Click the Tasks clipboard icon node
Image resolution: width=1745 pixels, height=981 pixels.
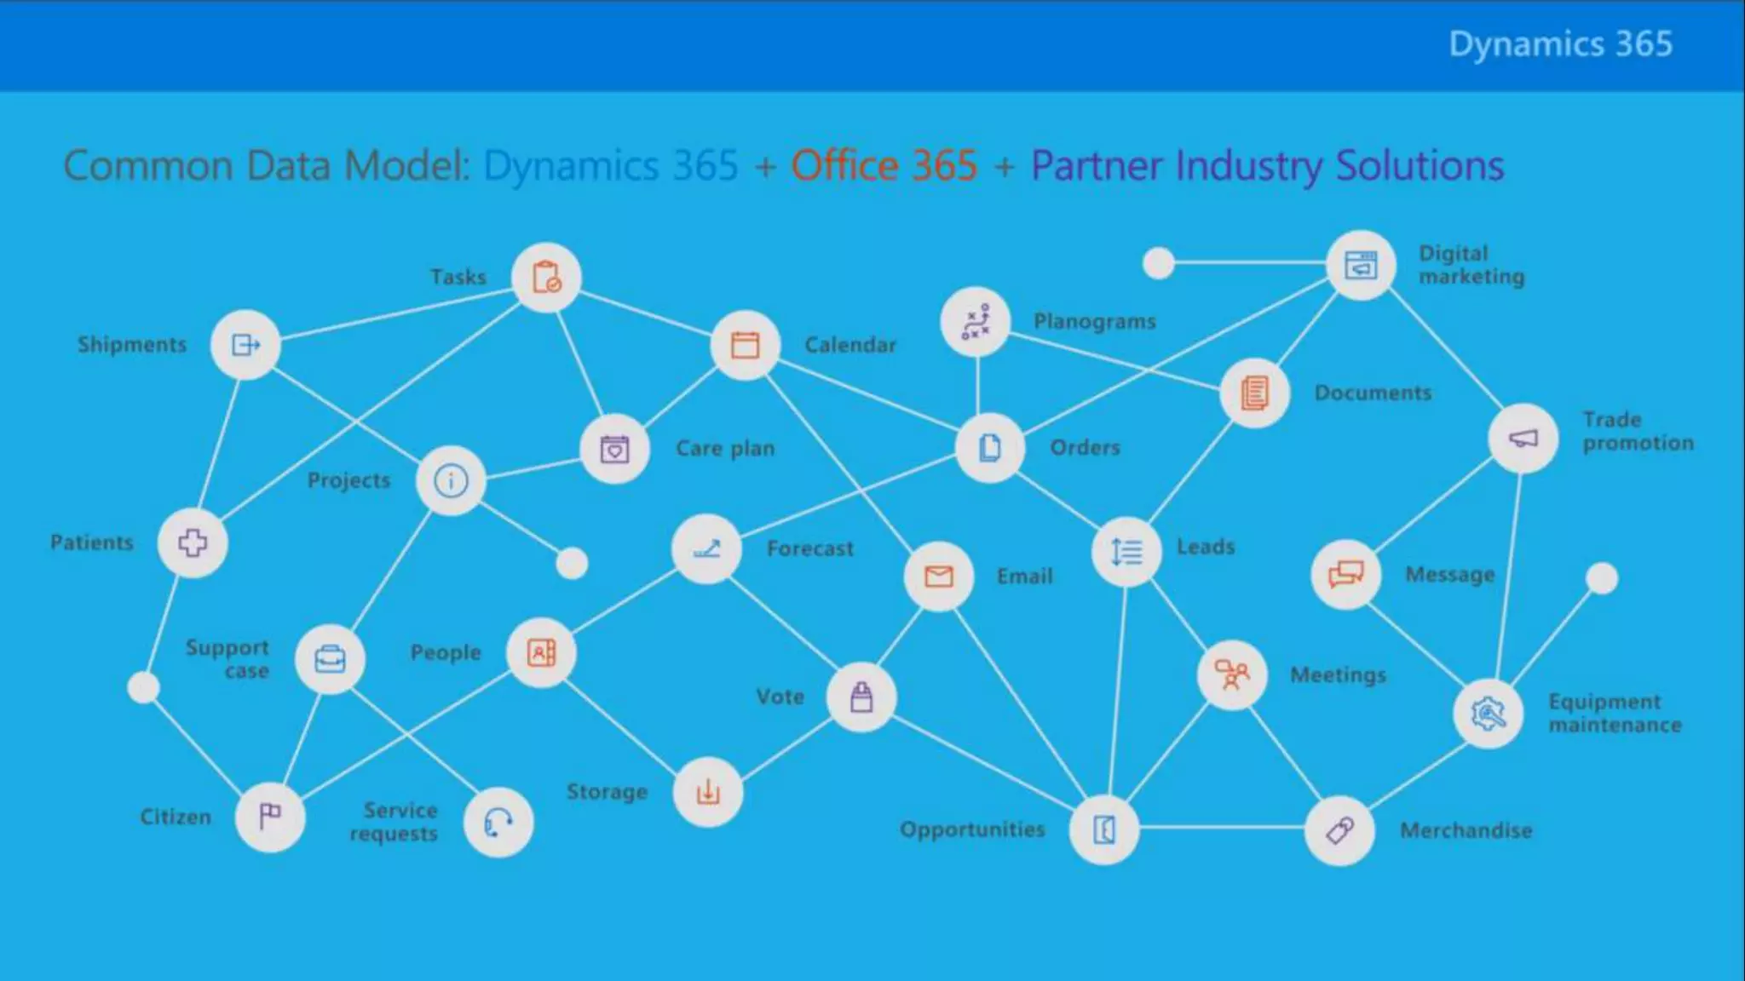coord(546,278)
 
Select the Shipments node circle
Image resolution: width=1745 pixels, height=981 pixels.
coord(245,345)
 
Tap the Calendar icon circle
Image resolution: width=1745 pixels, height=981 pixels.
coord(746,345)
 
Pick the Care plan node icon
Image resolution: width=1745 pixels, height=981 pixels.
coord(614,449)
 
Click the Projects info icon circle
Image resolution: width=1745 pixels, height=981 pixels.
coord(451,481)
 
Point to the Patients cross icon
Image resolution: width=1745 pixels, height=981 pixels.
coord(193,543)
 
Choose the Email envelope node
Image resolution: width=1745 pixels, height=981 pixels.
coord(939,577)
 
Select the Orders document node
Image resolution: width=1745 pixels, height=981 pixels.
coord(989,448)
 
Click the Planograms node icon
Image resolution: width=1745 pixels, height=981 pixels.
coord(976,322)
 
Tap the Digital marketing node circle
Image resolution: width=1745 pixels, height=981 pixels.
coord(1361,265)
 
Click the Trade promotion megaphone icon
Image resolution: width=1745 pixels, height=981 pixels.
coord(1523,439)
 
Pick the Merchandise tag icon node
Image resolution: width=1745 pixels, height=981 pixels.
coord(1339,830)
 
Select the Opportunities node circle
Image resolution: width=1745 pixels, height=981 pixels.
coord(1104,829)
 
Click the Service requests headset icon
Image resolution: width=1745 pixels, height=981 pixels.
coord(498,823)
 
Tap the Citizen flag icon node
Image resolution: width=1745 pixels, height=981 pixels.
coord(270,817)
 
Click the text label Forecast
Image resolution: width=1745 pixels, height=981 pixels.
coord(809,548)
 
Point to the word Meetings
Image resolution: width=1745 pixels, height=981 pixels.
coord(1338,675)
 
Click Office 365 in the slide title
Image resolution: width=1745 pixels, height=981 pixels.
coord(884,165)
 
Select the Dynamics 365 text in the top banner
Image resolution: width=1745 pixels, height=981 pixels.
coord(1560,44)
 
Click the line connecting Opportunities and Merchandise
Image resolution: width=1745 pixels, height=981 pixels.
coord(1222,827)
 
